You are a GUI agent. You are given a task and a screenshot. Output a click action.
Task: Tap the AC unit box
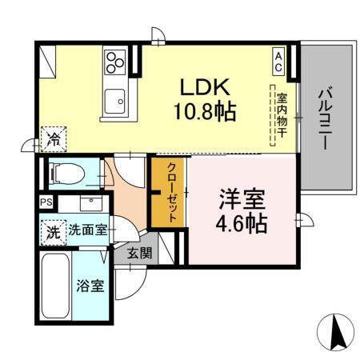click(278, 62)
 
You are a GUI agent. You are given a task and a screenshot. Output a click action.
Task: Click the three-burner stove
click(115, 61)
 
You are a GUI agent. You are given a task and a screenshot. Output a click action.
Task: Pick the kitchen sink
click(116, 100)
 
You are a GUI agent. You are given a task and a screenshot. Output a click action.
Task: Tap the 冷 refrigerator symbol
click(52, 139)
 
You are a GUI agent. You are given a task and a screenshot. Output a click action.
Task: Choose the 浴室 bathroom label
click(89, 285)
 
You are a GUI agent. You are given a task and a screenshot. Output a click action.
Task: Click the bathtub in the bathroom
click(57, 286)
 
